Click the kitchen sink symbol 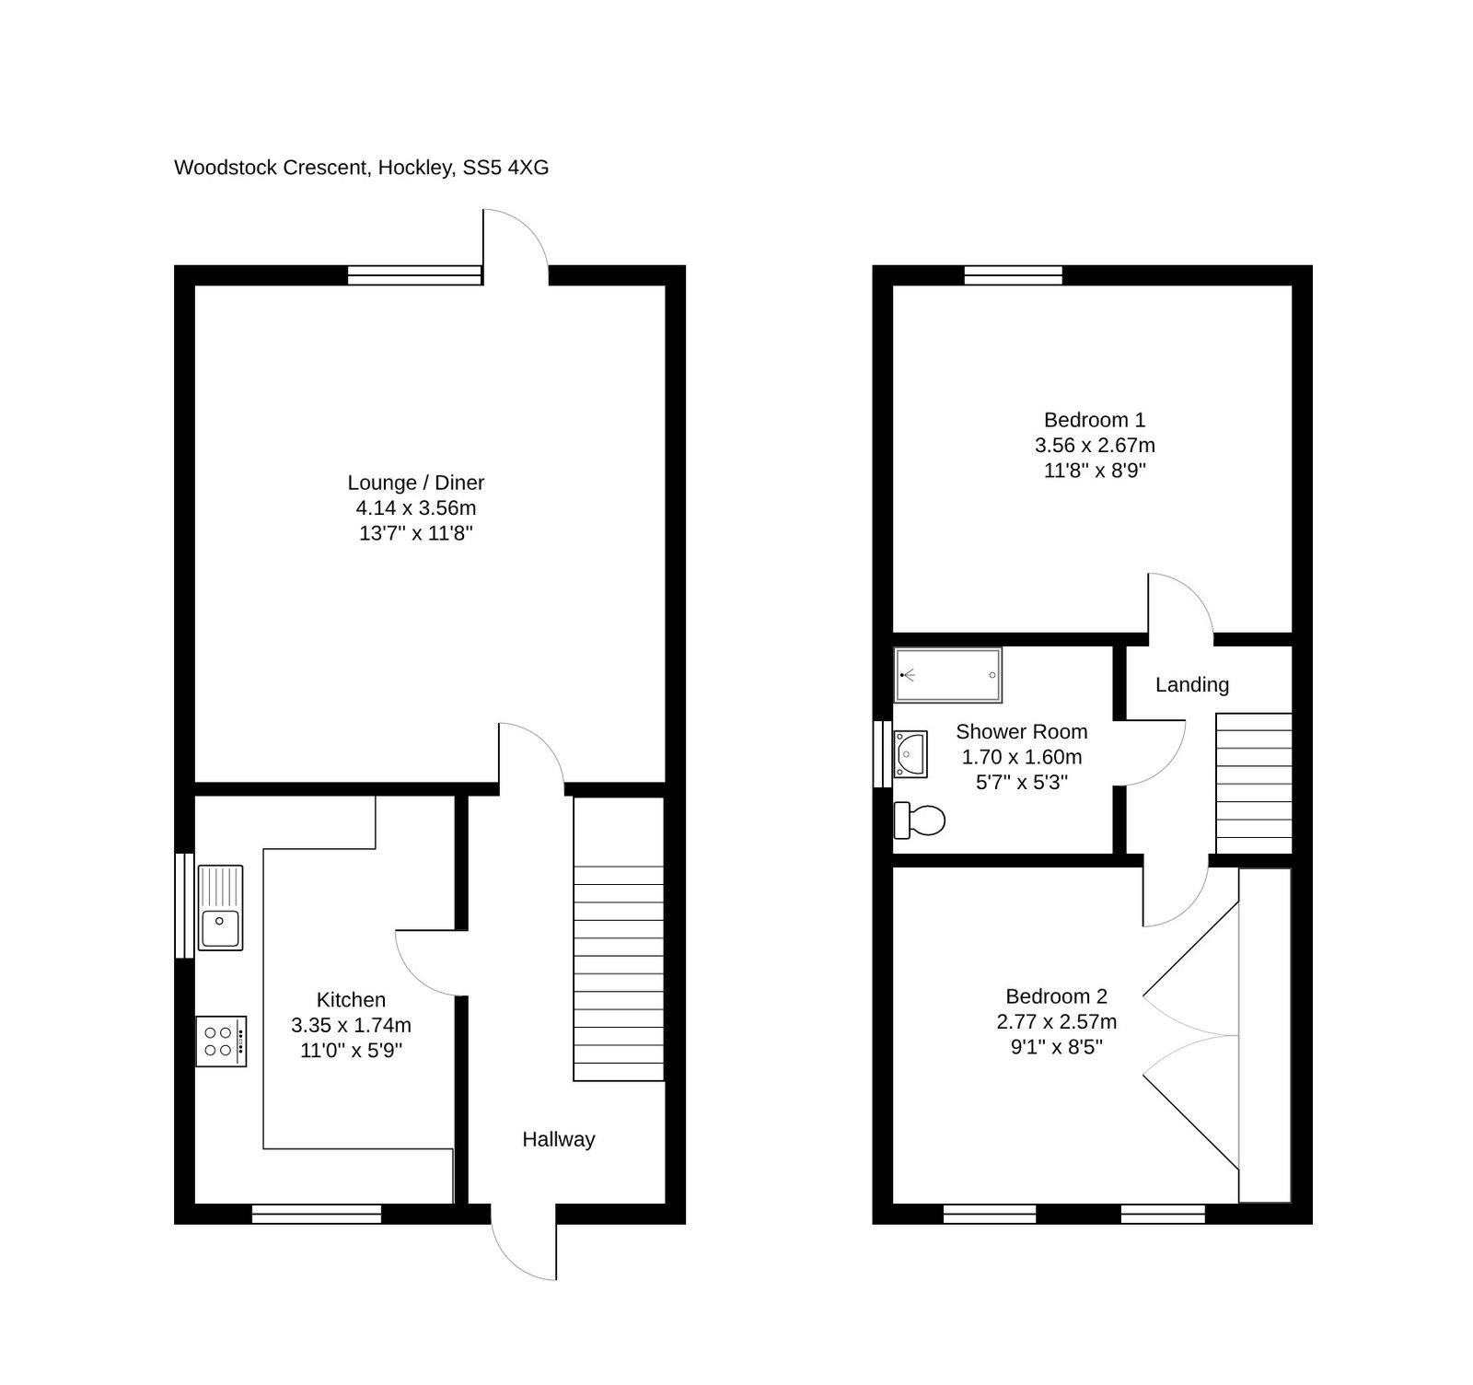coord(220,907)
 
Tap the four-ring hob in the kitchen coord(221,1042)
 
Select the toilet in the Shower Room coord(920,820)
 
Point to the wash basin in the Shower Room coord(910,754)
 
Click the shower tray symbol coord(948,676)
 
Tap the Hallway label coord(559,1139)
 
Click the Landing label coord(1192,684)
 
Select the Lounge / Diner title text coord(416,483)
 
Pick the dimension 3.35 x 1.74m coord(352,1025)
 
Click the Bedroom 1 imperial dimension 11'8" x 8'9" coord(1095,471)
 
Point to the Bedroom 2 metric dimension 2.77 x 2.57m coord(1057,1021)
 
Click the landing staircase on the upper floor coord(1254,784)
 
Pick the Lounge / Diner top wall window coord(415,274)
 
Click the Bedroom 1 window coord(1014,274)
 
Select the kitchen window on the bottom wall coord(317,1215)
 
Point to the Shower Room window coord(882,754)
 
